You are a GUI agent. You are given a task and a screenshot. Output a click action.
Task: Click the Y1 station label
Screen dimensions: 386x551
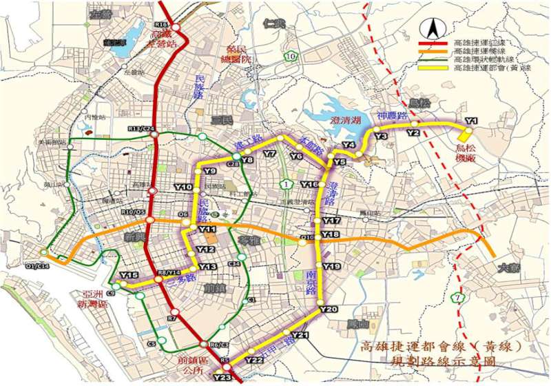[471, 121]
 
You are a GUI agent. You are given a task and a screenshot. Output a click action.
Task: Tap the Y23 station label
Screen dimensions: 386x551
[222, 377]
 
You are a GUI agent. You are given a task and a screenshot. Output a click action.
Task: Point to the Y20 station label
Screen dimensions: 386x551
[329, 309]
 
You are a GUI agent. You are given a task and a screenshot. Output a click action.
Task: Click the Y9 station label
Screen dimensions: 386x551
[210, 171]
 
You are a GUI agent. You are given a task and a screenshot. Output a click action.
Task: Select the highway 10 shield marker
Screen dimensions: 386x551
[292, 56]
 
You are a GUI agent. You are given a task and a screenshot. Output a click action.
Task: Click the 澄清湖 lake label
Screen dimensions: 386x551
[342, 121]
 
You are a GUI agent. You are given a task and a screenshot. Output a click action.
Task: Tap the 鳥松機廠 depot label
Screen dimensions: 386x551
[471, 152]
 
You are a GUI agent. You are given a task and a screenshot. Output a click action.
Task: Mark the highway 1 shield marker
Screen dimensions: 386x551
[285, 183]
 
